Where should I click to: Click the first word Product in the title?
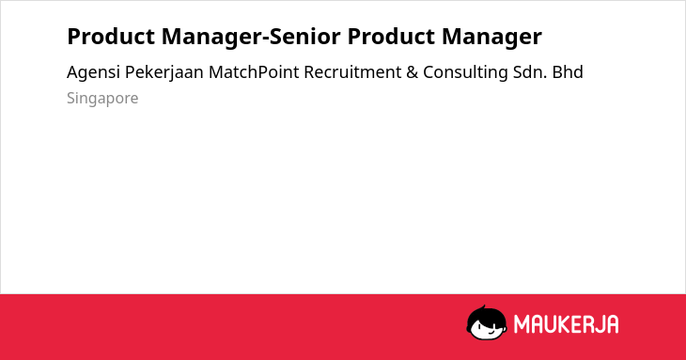[x=111, y=37]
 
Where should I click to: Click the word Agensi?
[x=93, y=72]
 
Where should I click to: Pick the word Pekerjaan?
[x=164, y=72]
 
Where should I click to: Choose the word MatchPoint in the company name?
[x=254, y=72]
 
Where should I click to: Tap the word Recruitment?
[x=352, y=72]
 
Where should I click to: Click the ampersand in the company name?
[x=413, y=72]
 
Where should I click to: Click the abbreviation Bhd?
[x=568, y=72]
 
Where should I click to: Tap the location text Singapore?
[x=102, y=99]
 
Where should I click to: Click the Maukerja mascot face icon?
[x=487, y=323]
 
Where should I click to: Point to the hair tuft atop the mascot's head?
[x=483, y=307]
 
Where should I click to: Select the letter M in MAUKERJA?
[x=522, y=324]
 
